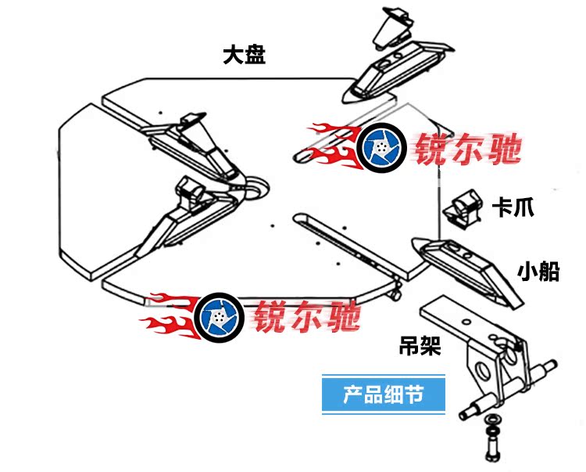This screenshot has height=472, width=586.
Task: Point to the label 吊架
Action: tap(420, 344)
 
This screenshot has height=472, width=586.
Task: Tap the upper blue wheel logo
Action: tap(382, 149)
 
